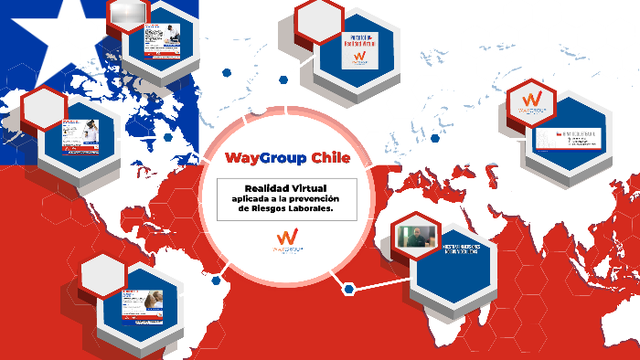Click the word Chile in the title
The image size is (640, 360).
point(330,158)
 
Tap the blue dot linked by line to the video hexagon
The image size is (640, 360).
point(348,289)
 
